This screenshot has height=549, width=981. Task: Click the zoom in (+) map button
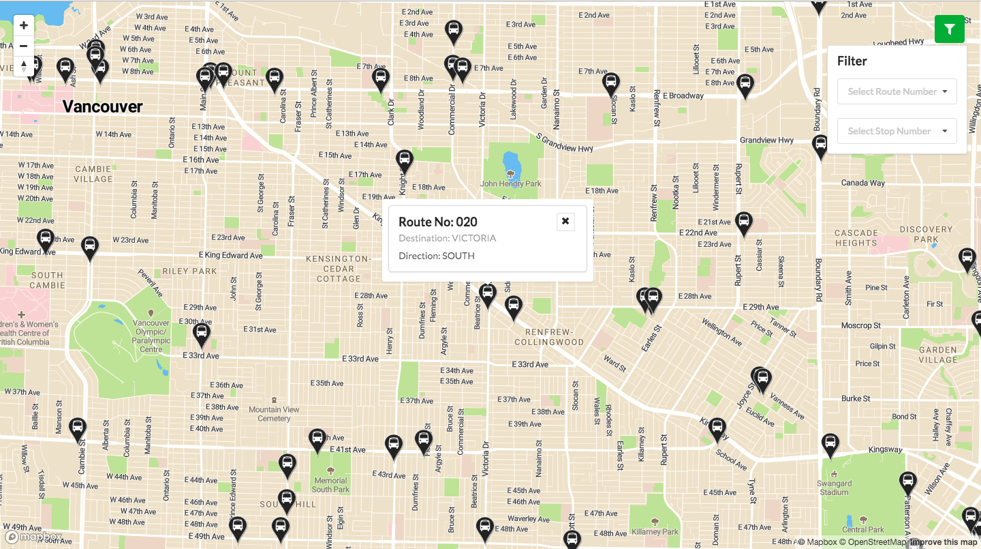[x=24, y=26]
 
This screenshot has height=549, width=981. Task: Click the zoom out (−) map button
[x=24, y=46]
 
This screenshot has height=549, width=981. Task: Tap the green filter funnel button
[x=950, y=29]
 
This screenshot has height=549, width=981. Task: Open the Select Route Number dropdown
[x=897, y=91]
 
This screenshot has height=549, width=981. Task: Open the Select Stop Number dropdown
[x=897, y=131]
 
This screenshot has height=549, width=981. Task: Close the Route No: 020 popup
[x=565, y=222]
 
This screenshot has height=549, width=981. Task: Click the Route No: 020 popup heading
[x=438, y=222]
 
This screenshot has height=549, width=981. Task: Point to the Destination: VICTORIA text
[x=447, y=239]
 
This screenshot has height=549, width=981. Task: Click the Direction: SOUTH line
[x=436, y=256]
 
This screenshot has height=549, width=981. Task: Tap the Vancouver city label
[x=103, y=106]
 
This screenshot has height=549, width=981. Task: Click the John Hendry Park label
[x=510, y=183]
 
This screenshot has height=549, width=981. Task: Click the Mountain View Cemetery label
[x=274, y=413]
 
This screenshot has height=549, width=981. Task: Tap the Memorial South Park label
[x=330, y=485]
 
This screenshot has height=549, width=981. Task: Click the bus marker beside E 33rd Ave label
[x=201, y=335]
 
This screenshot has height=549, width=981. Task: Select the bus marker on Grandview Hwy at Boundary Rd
[x=820, y=146]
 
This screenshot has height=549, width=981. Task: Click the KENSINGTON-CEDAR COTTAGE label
[x=339, y=269]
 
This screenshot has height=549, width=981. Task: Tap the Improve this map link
[x=944, y=542]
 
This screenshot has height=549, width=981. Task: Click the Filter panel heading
[x=852, y=61]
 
